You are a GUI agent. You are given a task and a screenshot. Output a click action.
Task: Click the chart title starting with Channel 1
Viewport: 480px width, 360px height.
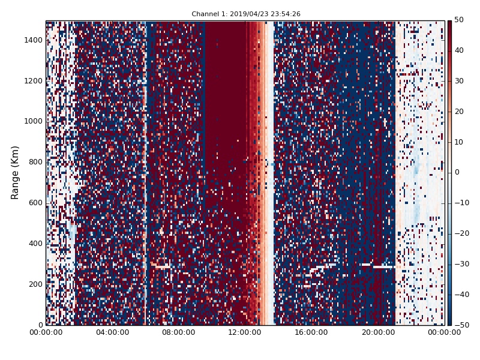(x=246, y=14)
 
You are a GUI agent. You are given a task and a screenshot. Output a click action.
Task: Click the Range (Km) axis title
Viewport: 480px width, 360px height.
(x=15, y=172)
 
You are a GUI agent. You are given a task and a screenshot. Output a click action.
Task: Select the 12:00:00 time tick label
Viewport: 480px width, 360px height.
(x=245, y=332)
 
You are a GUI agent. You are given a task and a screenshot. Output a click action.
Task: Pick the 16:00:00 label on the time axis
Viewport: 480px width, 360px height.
(x=312, y=332)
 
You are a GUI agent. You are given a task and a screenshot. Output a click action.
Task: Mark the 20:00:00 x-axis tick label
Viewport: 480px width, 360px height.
(x=378, y=332)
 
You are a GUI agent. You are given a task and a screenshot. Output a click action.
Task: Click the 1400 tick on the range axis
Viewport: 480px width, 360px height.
(x=34, y=40)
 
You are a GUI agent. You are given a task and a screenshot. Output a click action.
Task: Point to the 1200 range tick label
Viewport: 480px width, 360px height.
(x=34, y=81)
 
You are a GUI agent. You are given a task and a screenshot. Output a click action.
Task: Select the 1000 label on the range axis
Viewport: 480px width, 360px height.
(x=34, y=121)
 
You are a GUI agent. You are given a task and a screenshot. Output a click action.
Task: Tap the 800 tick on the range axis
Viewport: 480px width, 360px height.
(x=36, y=162)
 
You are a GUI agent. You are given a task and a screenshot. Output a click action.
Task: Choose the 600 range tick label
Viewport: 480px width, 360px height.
(x=36, y=203)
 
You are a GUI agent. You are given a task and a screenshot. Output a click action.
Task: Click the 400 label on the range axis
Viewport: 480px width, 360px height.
(x=36, y=244)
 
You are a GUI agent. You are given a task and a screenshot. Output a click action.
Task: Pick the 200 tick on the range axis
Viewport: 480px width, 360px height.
(x=36, y=284)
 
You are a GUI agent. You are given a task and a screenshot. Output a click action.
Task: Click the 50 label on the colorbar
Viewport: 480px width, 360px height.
(x=459, y=20)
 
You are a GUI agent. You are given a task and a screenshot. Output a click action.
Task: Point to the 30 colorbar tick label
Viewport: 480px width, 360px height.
(x=459, y=81)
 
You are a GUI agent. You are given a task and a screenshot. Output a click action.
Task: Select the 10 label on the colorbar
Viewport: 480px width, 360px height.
(x=459, y=142)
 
